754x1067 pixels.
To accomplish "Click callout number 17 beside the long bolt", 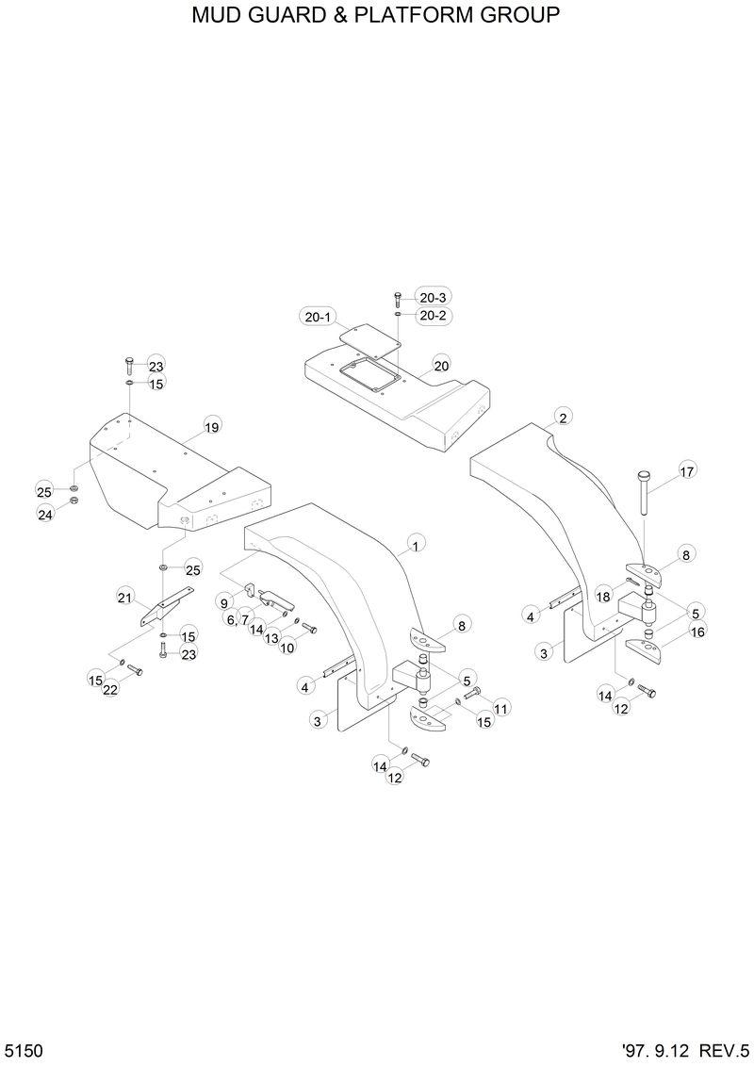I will pos(687,471).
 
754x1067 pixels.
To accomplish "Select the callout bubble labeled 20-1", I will pos(318,317).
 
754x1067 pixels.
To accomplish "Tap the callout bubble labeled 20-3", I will pos(433,298).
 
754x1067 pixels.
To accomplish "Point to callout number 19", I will pos(211,428).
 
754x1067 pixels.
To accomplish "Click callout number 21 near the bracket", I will pos(124,596).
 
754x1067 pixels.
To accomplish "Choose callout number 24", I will pos(45,514).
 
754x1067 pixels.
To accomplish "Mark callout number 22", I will pos(110,690).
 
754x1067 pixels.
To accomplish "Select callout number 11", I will pos(500,707).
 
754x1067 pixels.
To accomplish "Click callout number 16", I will pos(697,632).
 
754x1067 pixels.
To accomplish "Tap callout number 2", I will pos(563,418).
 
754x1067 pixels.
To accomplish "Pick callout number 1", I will pos(415,544).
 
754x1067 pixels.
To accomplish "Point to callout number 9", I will pos(224,601).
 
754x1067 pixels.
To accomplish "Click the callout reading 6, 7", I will pos(237,619).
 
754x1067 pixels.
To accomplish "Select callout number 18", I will pos(602,597).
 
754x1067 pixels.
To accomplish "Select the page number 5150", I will pos(24,1051).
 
